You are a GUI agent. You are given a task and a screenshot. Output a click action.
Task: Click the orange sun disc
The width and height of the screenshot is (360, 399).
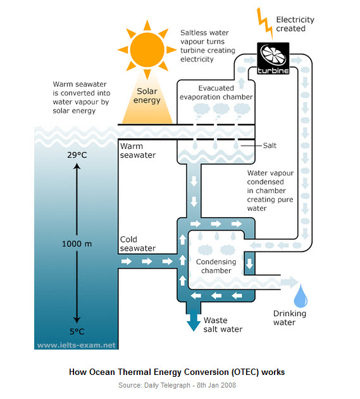pos(147,50)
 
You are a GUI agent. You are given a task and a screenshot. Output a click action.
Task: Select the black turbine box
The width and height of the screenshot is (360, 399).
pos(273,58)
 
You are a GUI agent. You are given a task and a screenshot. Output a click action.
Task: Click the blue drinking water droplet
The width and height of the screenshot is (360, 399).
pos(301,296)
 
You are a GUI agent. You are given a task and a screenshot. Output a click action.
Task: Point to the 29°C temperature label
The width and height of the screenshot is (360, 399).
pos(77,155)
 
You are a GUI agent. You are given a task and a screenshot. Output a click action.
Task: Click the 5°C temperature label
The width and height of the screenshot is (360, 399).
pos(77,332)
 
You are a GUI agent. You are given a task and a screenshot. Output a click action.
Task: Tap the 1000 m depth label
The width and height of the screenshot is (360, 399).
pos(77,244)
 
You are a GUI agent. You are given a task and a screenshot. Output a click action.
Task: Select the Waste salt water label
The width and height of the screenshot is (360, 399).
pos(223,325)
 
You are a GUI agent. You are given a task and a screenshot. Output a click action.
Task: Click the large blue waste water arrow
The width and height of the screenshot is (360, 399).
pos(194,320)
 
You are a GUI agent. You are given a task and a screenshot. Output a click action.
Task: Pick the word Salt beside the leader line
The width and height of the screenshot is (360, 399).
pos(270,146)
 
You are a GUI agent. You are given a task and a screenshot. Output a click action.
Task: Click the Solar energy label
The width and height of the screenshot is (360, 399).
pos(147,96)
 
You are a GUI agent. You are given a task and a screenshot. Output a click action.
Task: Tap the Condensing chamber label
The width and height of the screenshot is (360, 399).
pos(216,266)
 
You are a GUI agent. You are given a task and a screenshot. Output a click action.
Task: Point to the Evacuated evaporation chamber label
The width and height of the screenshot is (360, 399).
pos(216,92)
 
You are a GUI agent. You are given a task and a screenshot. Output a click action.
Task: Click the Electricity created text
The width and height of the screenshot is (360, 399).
pos(295,24)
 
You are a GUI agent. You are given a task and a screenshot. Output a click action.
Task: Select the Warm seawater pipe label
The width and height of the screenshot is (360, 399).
pos(138,151)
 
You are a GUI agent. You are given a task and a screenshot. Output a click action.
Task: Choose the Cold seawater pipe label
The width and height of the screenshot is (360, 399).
pos(138,244)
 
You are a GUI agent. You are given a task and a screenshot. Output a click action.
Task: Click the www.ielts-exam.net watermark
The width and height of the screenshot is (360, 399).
pos(77,345)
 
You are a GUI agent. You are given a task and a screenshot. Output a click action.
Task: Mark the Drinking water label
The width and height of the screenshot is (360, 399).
pos(290,318)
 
